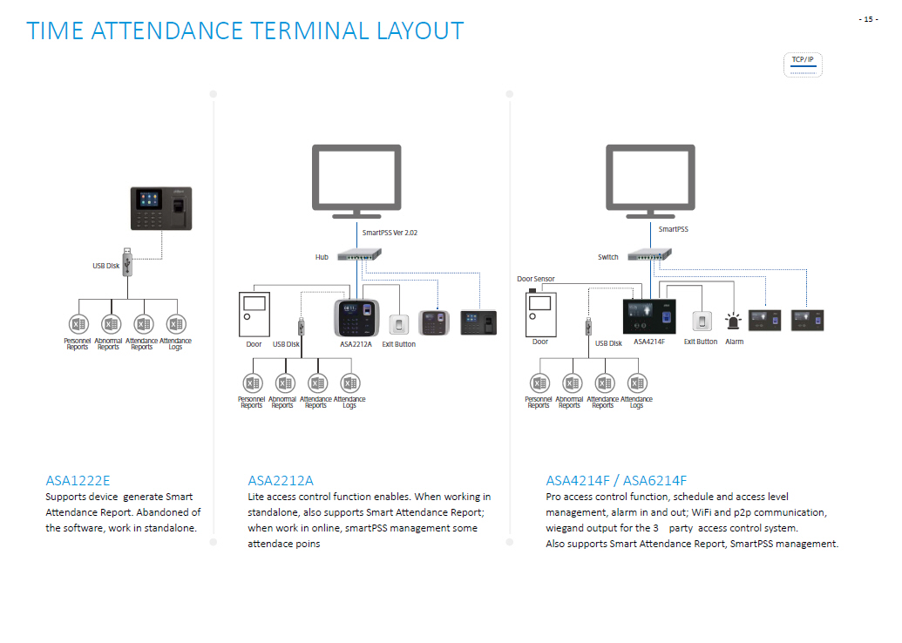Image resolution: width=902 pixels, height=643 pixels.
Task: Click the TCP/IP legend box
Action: [803, 64]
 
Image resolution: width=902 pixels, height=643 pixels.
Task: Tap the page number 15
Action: [868, 19]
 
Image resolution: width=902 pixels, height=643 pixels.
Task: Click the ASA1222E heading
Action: [78, 480]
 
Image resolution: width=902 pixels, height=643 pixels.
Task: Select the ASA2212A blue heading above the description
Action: [281, 480]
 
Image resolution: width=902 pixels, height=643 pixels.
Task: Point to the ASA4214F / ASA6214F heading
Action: [616, 480]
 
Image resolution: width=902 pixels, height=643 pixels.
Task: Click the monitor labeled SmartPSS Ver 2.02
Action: [356, 181]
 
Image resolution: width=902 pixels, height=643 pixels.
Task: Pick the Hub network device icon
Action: [360, 254]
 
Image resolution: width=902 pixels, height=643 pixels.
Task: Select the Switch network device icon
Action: [649, 254]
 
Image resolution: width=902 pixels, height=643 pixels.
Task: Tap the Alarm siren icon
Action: [733, 321]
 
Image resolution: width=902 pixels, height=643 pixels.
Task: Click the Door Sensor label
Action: [536, 279]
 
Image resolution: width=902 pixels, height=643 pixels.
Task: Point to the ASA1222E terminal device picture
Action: [161, 208]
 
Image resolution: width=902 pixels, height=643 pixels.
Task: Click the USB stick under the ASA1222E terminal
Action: [127, 262]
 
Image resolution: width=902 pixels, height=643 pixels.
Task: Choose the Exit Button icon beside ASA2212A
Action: [398, 324]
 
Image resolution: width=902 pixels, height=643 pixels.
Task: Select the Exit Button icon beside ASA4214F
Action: [702, 321]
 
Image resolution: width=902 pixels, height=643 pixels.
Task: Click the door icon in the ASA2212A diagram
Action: [254, 315]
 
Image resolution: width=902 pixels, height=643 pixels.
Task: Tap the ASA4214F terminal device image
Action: [649, 316]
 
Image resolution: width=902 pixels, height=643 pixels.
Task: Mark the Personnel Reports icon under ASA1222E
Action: [78, 324]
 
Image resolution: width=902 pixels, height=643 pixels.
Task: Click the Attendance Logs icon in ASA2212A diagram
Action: [350, 383]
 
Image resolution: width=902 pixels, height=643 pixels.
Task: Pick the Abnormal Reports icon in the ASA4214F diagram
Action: [572, 383]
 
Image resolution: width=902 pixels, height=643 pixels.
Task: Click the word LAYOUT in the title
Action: [421, 31]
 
